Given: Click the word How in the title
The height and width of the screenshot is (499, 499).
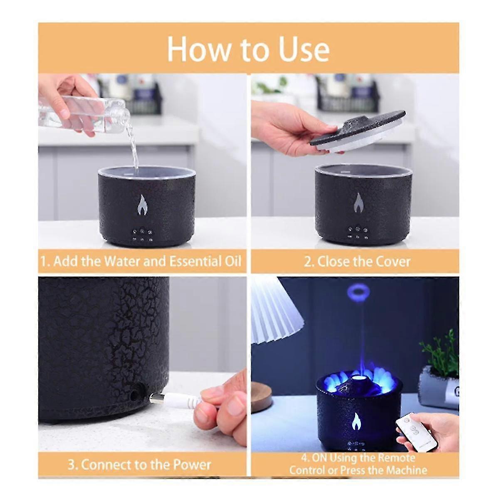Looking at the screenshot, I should coord(199,49).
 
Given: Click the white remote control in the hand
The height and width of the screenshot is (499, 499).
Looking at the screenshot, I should coord(416,432).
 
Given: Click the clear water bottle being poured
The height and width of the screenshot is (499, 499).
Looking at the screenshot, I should coord(83,110).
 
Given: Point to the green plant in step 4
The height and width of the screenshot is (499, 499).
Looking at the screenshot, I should coord(441,353).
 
